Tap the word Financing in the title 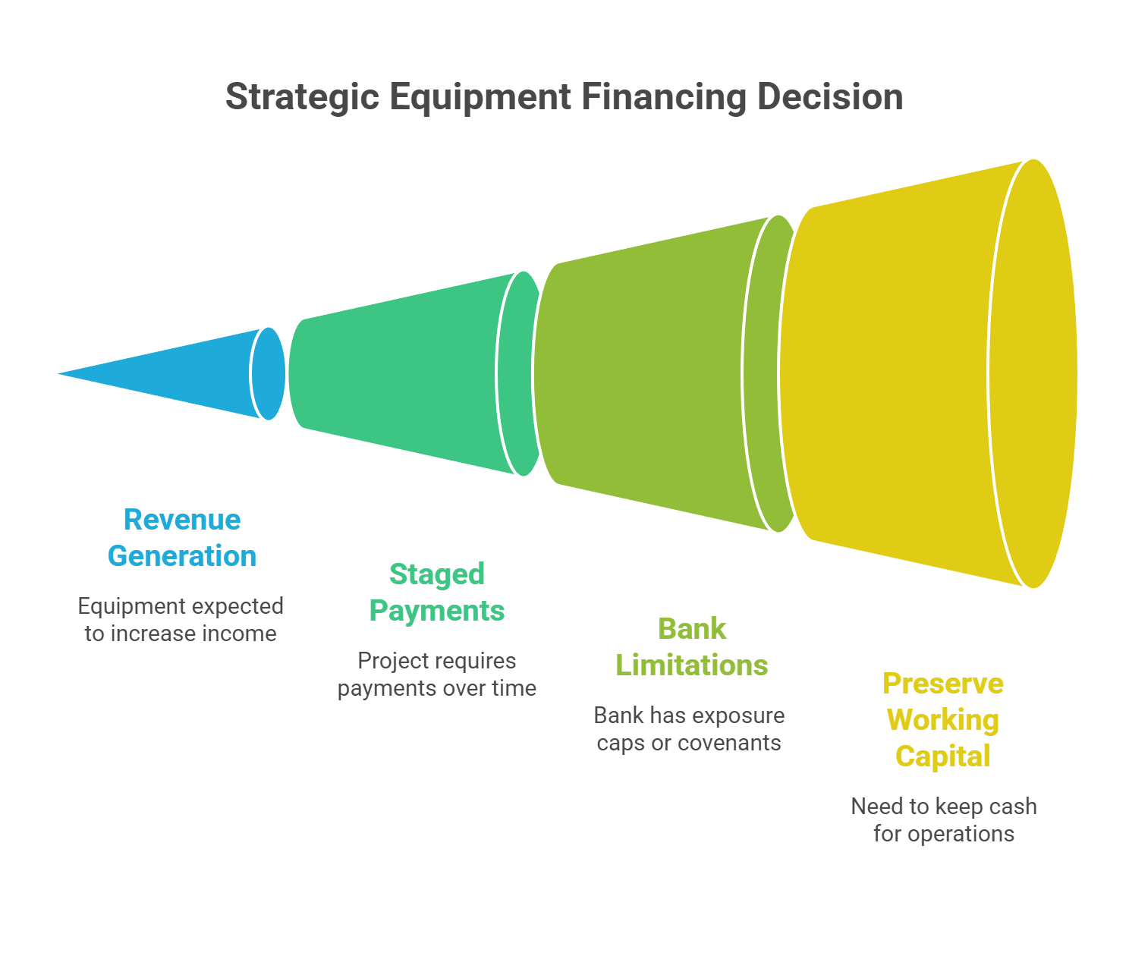tap(665, 99)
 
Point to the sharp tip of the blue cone tap(53, 373)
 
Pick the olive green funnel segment tap(645, 373)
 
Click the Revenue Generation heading tap(182, 538)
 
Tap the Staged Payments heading tap(437, 593)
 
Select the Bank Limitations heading tap(692, 647)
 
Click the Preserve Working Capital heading tap(943, 720)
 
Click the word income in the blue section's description tap(240, 634)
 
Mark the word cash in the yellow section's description tap(1013, 807)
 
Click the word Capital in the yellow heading tap(943, 756)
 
